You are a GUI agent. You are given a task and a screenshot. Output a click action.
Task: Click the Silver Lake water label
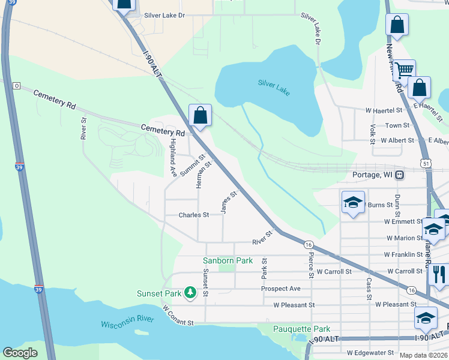pyautogui.click(x=274, y=88)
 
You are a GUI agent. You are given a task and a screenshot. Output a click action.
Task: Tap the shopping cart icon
pyautogui.click(x=405, y=70)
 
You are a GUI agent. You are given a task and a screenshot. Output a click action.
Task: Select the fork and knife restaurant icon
pyautogui.click(x=440, y=274)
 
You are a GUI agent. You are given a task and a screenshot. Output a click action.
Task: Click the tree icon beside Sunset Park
pyautogui.click(x=190, y=293)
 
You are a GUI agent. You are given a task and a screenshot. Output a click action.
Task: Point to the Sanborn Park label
pyautogui.click(x=228, y=260)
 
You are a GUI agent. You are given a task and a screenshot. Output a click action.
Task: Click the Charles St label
pyautogui.click(x=193, y=215)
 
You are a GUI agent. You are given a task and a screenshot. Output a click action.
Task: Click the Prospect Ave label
pyautogui.click(x=280, y=289)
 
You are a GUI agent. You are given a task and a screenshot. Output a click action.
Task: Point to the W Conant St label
pyautogui.click(x=178, y=316)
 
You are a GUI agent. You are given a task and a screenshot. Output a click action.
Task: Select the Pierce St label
pyautogui.click(x=311, y=265)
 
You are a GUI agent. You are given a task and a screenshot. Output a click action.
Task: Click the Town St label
pyautogui.click(x=397, y=125)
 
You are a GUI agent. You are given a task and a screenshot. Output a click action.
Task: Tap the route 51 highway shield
pyautogui.click(x=425, y=163)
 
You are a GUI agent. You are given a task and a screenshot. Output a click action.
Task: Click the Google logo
pyautogui.click(x=20, y=352)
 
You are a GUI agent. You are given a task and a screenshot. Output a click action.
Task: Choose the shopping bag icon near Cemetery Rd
pyautogui.click(x=200, y=115)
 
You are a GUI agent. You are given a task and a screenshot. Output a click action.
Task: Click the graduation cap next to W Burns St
pyautogui.click(x=353, y=202)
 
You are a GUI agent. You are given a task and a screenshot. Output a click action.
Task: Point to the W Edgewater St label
pyautogui.click(x=367, y=353)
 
